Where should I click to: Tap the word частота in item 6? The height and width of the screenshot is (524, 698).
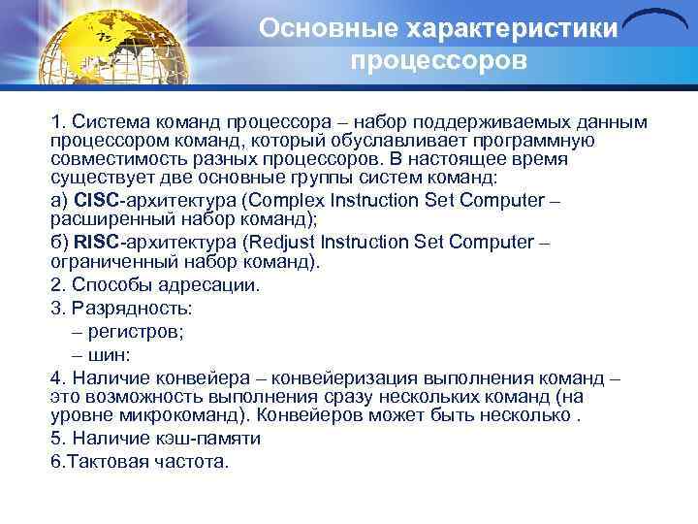[x=192, y=461]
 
